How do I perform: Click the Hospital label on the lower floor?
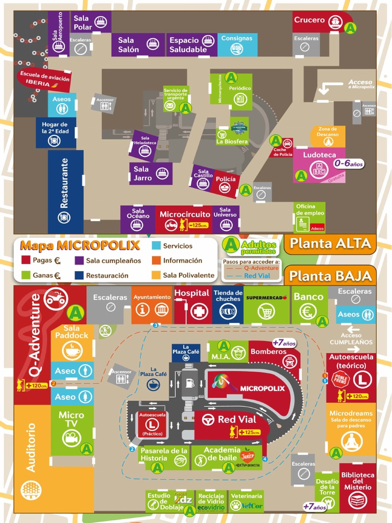(x=192, y=293)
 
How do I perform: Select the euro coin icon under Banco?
(x=307, y=311)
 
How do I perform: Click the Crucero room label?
(x=309, y=20)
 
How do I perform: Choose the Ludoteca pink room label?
(x=320, y=155)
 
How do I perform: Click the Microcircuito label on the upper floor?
(x=185, y=215)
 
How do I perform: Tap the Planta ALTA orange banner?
(x=330, y=244)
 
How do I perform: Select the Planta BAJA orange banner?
(x=330, y=276)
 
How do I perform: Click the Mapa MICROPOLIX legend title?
(x=80, y=245)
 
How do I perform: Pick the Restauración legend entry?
(x=107, y=275)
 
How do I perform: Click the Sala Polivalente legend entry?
(x=188, y=275)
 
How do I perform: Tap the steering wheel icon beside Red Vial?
(x=208, y=420)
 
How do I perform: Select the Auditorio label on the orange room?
(x=32, y=447)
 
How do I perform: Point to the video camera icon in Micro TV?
(x=71, y=438)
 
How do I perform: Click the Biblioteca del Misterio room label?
(x=357, y=481)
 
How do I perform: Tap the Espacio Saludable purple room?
(x=188, y=45)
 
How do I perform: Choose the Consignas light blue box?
(x=237, y=44)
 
